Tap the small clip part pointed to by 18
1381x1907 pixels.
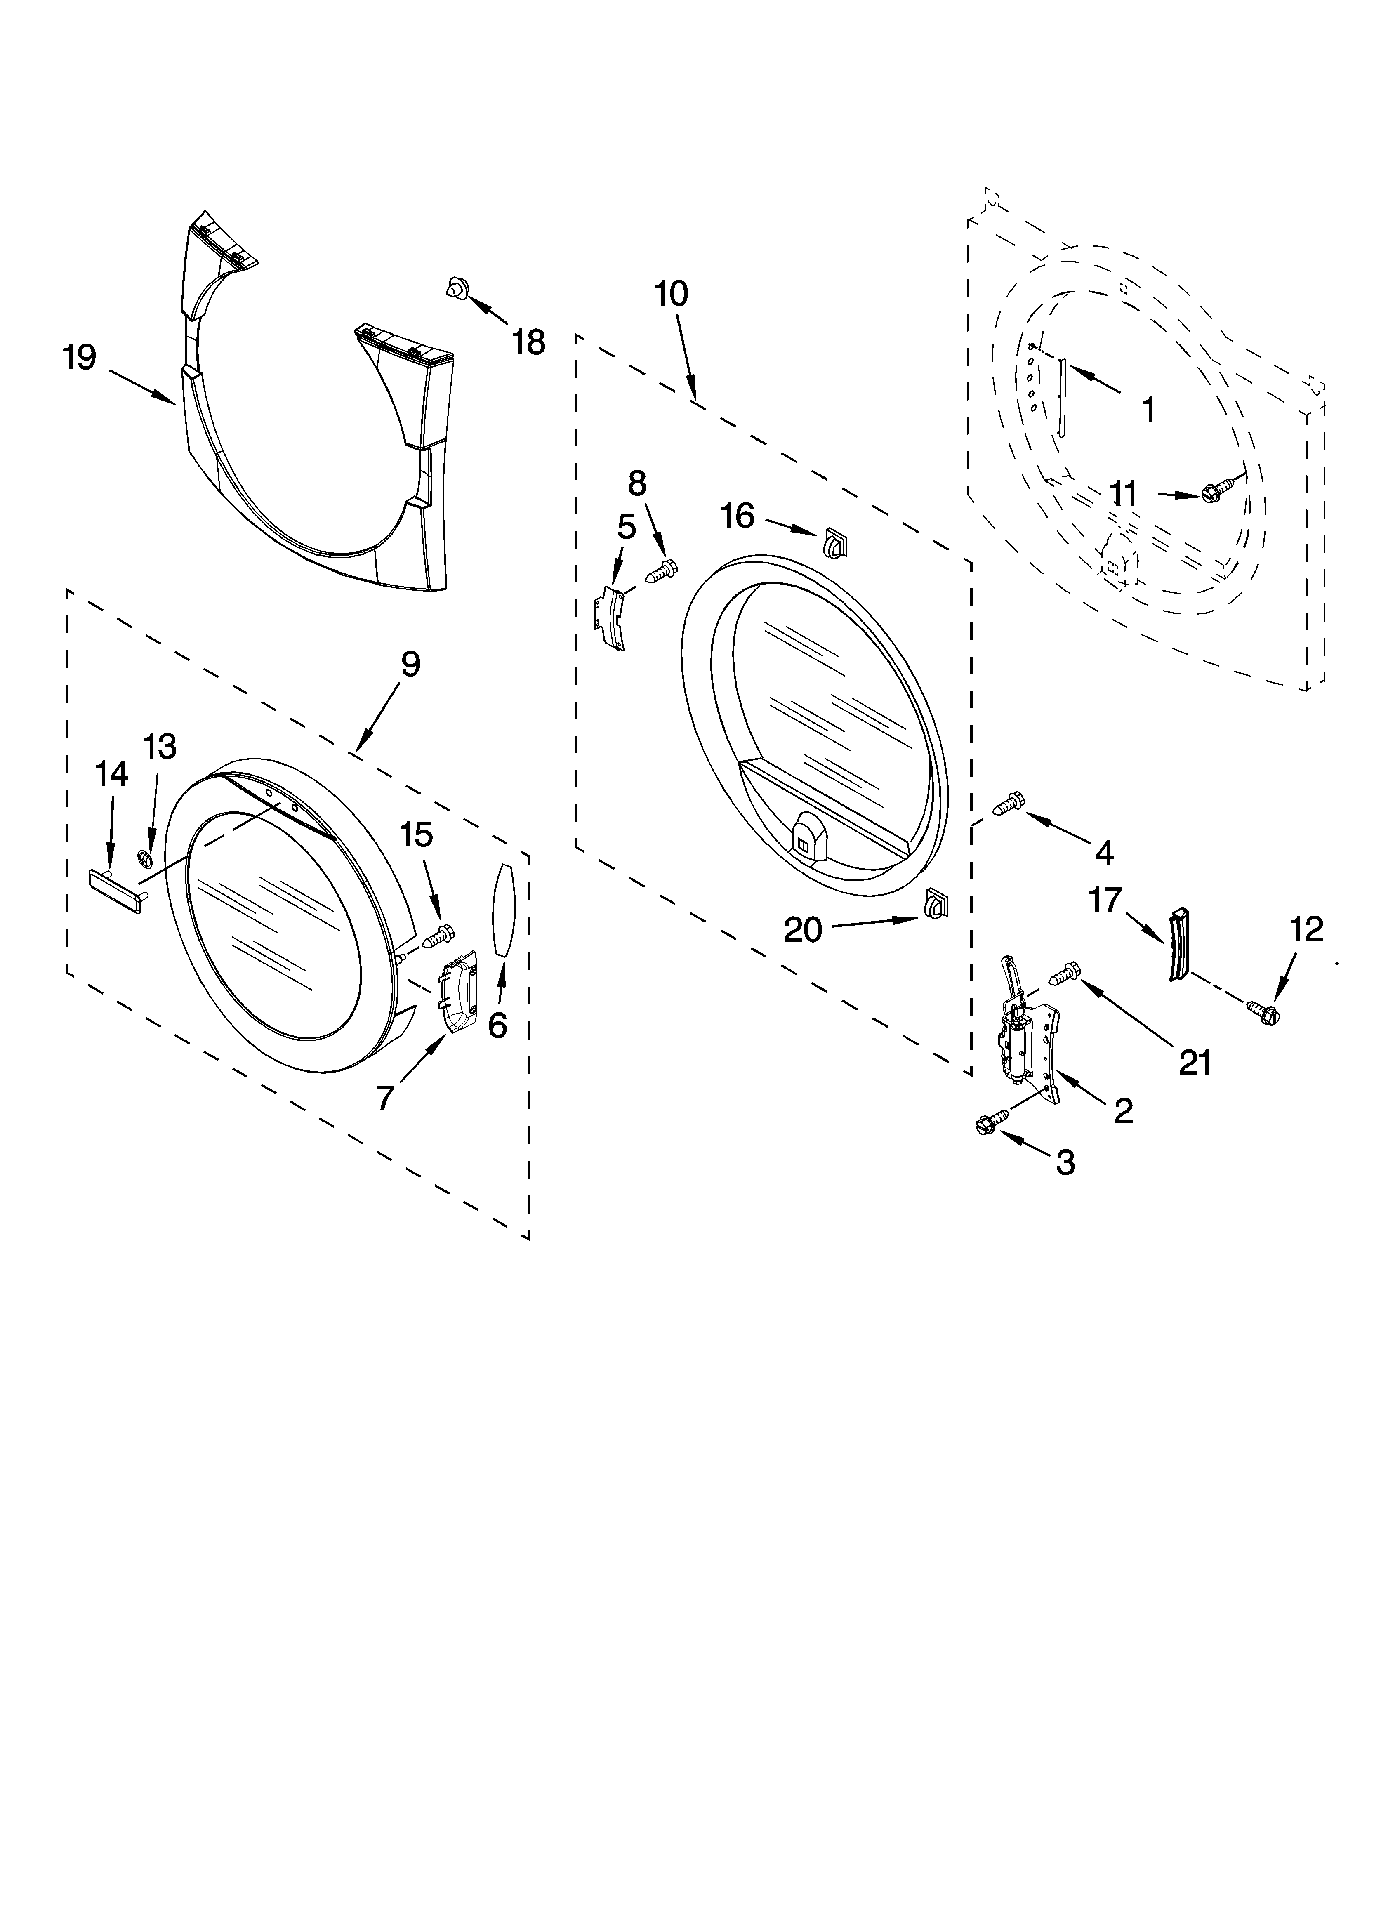(457, 288)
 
